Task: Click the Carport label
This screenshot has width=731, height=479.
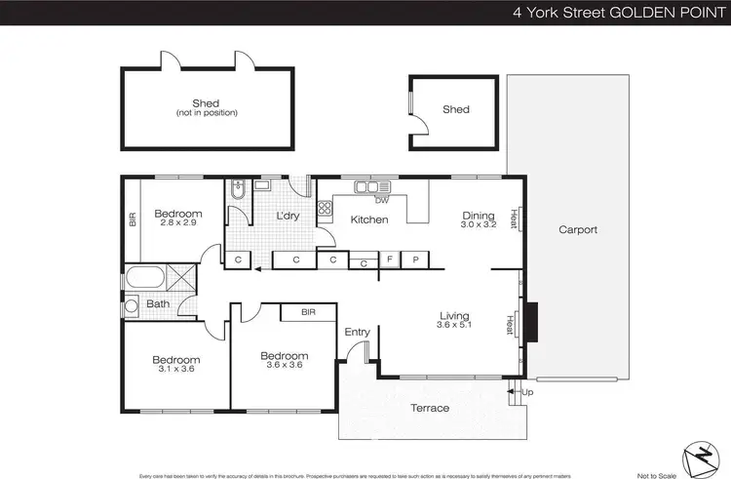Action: [x=578, y=230]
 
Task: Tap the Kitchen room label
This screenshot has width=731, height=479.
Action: [x=369, y=220]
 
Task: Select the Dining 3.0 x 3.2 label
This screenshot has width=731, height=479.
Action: [x=478, y=220]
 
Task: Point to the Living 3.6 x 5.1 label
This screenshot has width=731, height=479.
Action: [x=454, y=321]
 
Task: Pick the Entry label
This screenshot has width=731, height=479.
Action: [x=358, y=332]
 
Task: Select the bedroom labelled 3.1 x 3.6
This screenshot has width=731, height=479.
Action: [x=175, y=364]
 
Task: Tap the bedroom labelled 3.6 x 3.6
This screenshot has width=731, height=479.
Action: [x=284, y=361]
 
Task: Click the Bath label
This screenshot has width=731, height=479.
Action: [x=158, y=304]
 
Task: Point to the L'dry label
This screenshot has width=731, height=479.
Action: [x=287, y=216]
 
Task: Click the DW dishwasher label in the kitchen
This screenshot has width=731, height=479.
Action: [x=381, y=200]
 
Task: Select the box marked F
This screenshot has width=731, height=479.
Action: [x=389, y=259]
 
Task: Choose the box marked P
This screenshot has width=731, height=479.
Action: [x=415, y=259]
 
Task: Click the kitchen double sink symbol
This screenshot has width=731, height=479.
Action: [x=366, y=187]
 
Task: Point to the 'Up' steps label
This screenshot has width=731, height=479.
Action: [x=527, y=392]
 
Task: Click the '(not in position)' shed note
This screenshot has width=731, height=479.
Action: [x=206, y=113]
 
